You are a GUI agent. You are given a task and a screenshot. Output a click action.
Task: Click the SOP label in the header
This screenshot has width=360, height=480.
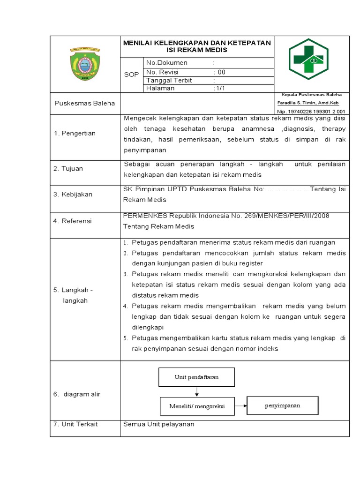[131, 75]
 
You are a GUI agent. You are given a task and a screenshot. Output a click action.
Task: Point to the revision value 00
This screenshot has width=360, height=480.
[220, 72]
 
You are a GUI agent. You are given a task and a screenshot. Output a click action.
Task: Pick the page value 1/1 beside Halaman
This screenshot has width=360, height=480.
[219, 88]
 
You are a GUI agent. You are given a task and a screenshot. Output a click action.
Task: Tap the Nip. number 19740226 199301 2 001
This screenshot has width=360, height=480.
[311, 112]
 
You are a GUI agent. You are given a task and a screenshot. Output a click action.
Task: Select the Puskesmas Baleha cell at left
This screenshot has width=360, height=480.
[84, 103]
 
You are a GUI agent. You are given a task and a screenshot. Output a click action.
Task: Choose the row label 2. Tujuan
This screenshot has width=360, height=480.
[68, 169]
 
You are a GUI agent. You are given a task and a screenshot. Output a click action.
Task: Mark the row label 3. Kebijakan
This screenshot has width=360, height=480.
[73, 195]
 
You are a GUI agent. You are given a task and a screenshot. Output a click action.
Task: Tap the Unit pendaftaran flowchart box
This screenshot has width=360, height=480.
[197, 377]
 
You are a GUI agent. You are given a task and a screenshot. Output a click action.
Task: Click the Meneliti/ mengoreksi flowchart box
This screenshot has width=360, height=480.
[197, 406]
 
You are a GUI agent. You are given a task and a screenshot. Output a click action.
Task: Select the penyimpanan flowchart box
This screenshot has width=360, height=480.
[282, 405]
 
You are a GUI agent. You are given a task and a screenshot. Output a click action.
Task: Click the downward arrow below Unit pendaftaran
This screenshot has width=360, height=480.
[197, 391]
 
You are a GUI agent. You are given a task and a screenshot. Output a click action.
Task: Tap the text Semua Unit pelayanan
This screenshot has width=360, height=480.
[158, 424]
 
